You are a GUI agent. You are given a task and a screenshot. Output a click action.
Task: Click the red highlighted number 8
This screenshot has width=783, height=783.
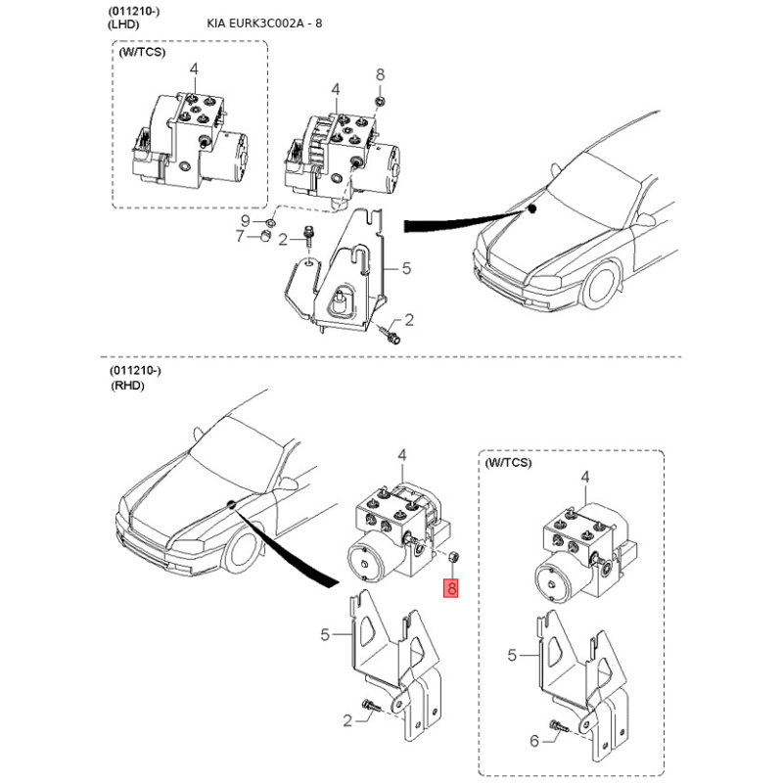(451, 588)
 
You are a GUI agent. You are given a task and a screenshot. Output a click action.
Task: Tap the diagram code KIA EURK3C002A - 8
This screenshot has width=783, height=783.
(264, 23)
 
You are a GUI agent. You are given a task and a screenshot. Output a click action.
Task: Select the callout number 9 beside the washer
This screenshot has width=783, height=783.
(246, 220)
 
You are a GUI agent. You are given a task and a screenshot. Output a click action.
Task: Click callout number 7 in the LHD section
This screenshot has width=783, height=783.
(240, 236)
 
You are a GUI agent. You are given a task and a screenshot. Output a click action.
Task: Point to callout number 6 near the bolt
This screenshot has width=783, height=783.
(534, 741)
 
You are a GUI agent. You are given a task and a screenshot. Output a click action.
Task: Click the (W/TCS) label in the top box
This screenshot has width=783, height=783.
(142, 52)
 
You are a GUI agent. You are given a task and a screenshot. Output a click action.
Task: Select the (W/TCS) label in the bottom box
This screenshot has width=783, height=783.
(508, 462)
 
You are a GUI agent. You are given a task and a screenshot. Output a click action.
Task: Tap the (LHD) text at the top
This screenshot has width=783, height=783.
(123, 23)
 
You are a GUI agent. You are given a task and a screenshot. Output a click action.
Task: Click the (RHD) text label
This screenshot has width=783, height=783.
(127, 386)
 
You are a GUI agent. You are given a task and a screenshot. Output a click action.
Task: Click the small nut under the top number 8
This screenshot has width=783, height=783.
(380, 102)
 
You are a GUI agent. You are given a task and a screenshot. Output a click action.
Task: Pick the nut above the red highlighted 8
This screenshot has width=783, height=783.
(454, 556)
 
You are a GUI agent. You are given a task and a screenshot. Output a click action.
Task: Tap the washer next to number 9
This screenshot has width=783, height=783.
(270, 222)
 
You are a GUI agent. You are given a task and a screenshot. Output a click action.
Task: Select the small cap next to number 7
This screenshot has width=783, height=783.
(265, 236)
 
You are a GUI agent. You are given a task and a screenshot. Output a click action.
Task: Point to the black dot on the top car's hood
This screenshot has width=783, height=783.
(532, 208)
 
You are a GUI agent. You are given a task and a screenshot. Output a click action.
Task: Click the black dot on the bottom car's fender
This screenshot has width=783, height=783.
(231, 504)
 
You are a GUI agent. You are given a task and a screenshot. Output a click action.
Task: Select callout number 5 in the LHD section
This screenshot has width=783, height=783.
(406, 268)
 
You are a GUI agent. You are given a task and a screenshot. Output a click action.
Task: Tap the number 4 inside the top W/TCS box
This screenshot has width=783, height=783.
(194, 69)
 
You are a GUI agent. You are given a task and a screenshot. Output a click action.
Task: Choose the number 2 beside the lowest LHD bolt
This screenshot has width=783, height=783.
(409, 320)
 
